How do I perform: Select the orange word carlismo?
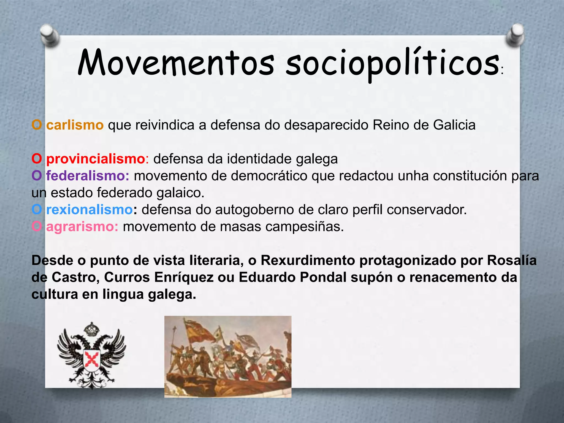click(x=75, y=125)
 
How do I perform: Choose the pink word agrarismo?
click(x=82, y=227)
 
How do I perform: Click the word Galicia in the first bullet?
click(x=454, y=125)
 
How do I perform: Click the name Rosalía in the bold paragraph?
click(x=512, y=261)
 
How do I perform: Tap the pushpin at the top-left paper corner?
click(x=50, y=35)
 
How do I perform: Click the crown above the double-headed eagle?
click(x=91, y=329)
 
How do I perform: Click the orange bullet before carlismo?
click(x=37, y=125)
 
